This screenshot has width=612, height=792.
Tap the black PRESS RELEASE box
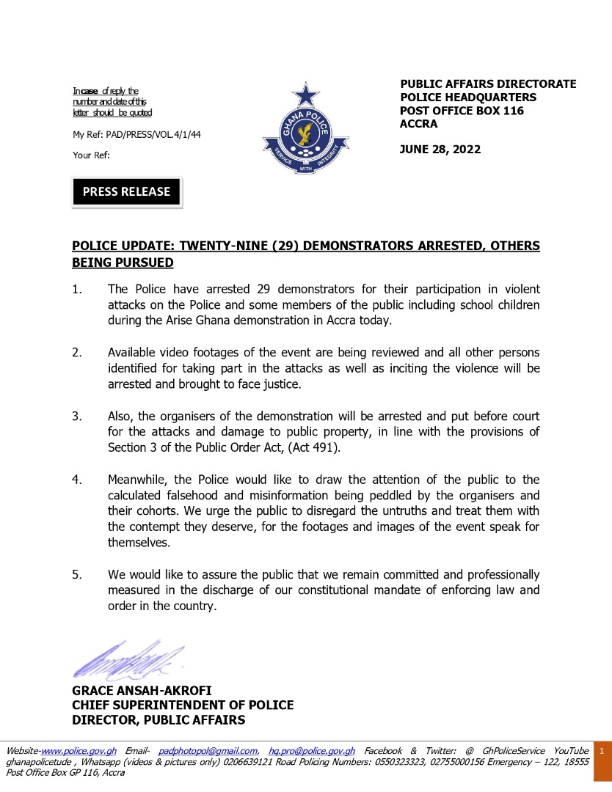click(x=126, y=191)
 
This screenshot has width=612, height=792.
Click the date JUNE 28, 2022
click(x=440, y=150)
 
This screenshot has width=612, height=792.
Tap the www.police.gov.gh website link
click(x=79, y=751)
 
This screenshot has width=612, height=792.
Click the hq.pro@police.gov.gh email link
click(x=312, y=751)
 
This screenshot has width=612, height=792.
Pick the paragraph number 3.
click(x=76, y=417)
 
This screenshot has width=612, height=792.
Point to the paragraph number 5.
click(x=76, y=575)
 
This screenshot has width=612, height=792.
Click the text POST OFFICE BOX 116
click(x=462, y=111)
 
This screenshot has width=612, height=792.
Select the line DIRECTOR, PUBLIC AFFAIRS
click(x=159, y=720)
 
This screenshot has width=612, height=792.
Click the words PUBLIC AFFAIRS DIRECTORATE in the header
click(x=488, y=84)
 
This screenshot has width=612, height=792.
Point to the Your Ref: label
click(x=91, y=155)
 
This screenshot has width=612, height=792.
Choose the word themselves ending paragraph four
click(x=139, y=543)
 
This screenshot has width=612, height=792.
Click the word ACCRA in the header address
click(x=418, y=124)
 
